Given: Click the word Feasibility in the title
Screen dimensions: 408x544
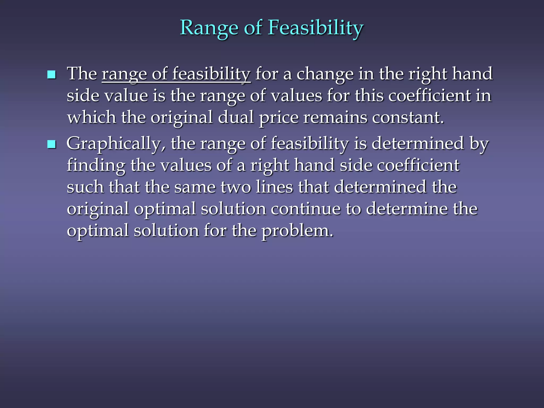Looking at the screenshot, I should pos(315,28).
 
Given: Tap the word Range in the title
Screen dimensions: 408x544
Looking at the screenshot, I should pos(209,28).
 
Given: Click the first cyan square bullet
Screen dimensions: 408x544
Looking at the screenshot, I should pos(51,75).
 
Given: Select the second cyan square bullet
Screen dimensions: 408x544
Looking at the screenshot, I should pos(51,144).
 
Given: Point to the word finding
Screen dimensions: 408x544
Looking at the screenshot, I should pos(96,165).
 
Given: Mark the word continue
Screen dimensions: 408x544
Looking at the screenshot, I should pos(305,209).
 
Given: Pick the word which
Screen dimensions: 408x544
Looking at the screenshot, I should pos(91,117).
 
